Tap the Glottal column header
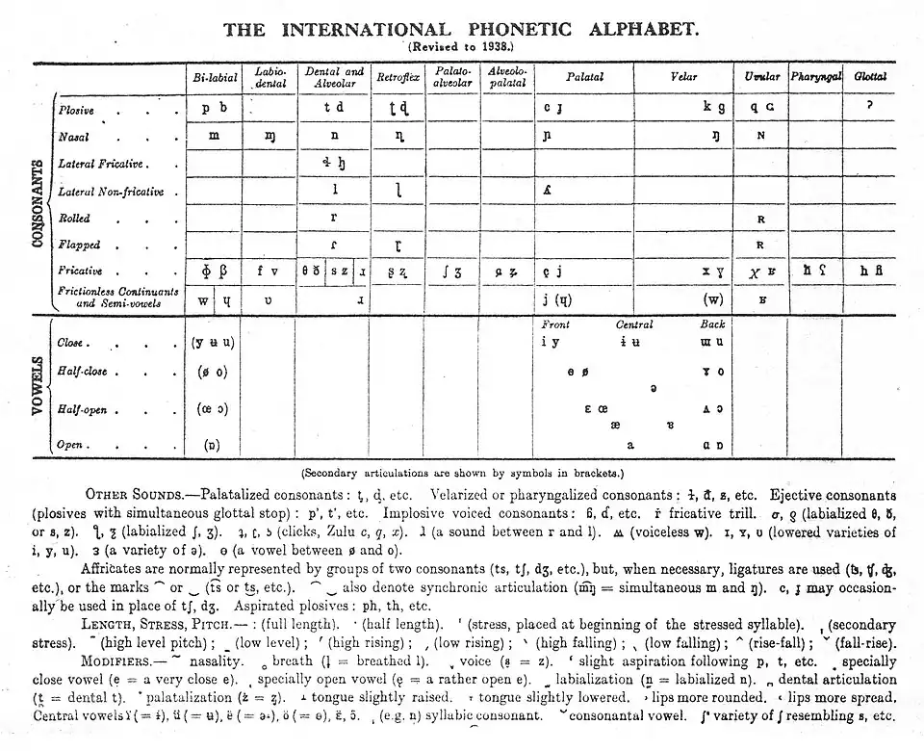click(869, 76)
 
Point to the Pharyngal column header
click(815, 76)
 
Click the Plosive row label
click(77, 111)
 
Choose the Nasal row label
click(74, 138)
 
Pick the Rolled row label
click(75, 219)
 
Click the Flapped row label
click(80, 246)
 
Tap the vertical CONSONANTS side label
click(38, 203)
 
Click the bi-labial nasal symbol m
click(214, 136)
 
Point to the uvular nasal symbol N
click(760, 136)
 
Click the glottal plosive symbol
click(869, 106)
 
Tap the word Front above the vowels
click(555, 325)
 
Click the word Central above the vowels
click(634, 325)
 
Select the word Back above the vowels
click(712, 325)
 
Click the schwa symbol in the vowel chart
click(654, 388)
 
